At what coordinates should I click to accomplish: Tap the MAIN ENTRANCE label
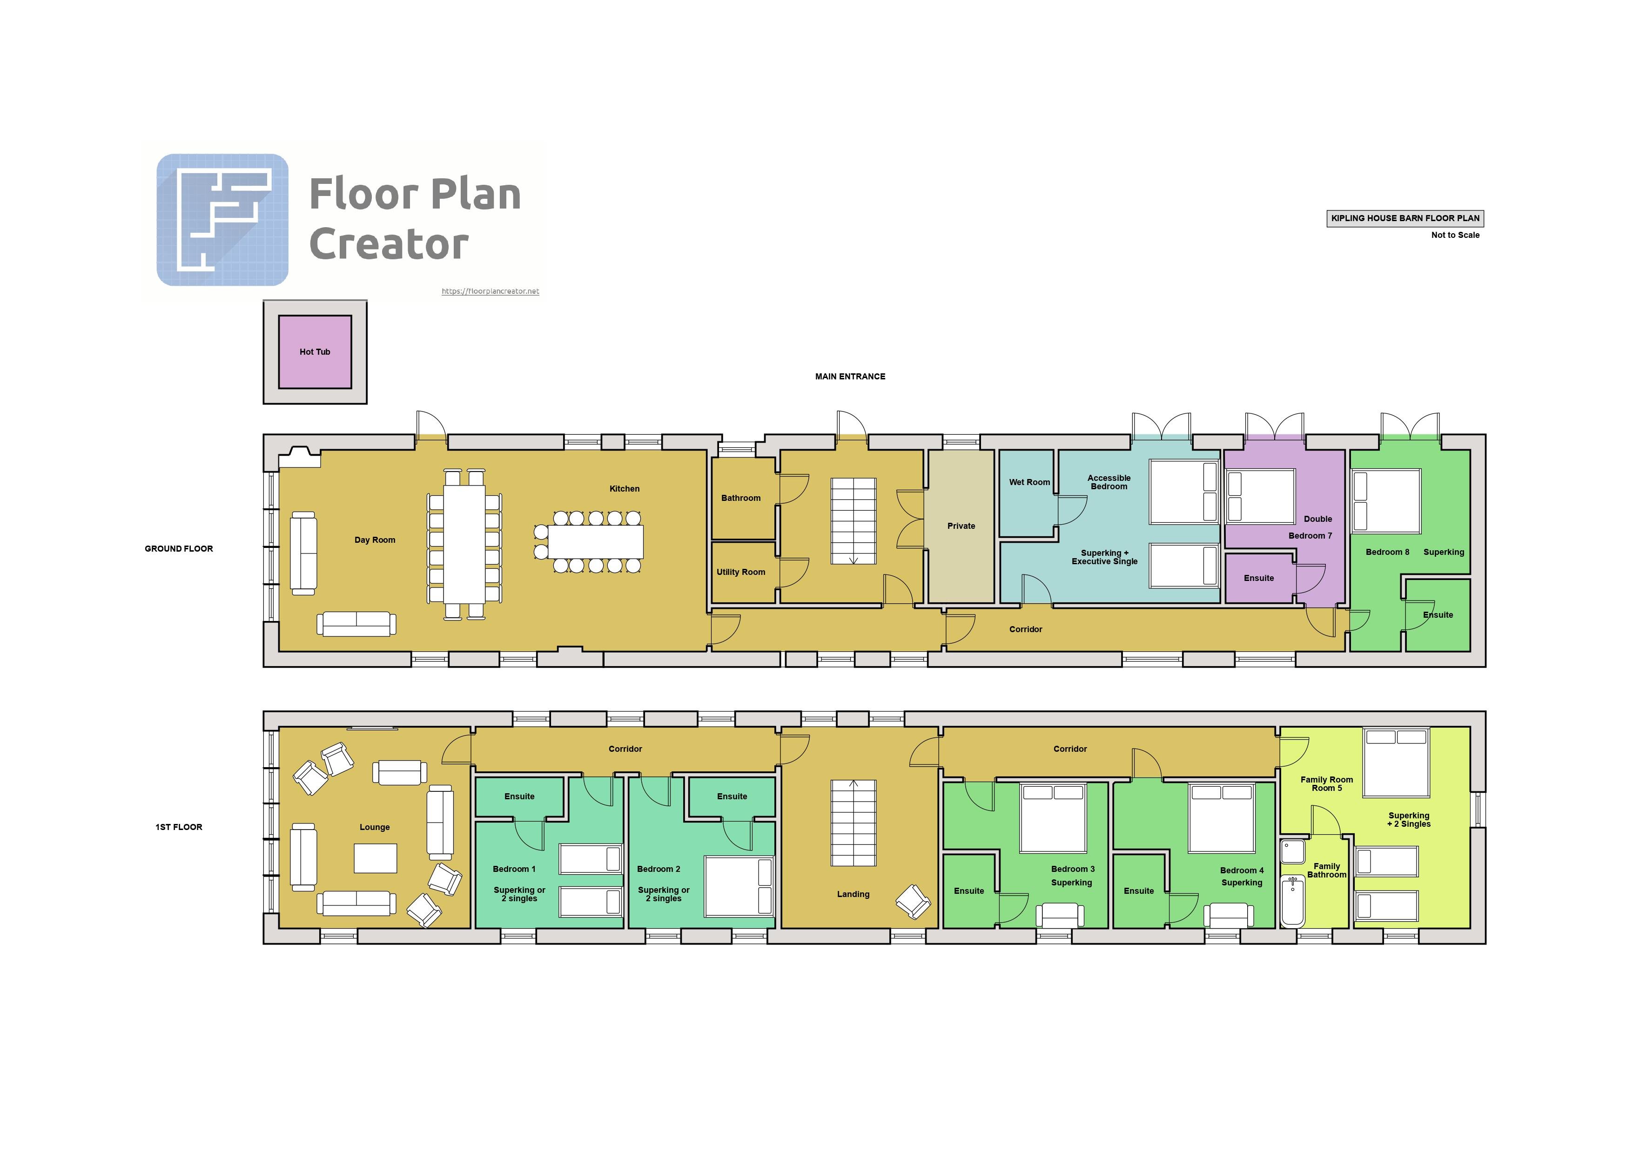[850, 377]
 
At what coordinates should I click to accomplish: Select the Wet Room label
[1029, 482]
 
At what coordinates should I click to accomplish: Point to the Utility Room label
[740, 572]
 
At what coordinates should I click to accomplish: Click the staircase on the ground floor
[853, 521]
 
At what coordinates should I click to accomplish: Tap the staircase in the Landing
[853, 823]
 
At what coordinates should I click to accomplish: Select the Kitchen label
[625, 489]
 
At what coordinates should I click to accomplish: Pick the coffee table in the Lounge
[376, 858]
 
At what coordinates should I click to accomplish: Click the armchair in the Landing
[913, 901]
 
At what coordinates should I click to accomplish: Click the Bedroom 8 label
[1387, 552]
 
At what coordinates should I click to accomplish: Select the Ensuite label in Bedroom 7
[1259, 579]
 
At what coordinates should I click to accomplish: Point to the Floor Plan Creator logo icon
[222, 220]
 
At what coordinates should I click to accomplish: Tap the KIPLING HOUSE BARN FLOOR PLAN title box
[1405, 218]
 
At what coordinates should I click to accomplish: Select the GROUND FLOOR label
[179, 548]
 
